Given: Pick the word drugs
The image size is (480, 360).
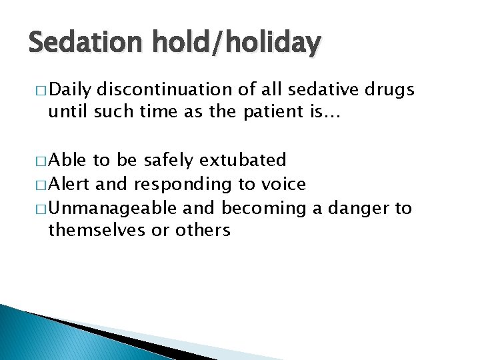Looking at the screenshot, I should point(391,89).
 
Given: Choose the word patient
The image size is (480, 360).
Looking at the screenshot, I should point(268,114).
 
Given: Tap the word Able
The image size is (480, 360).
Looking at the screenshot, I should point(67,160).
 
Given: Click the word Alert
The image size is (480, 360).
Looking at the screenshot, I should point(69,184).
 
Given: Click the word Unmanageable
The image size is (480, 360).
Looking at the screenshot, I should point(112,208).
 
